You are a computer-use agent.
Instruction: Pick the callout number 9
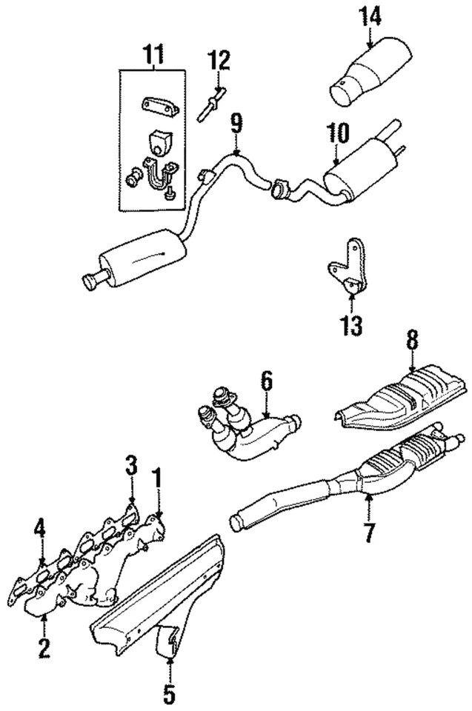pos(236,122)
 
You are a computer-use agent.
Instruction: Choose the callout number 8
pos(412,339)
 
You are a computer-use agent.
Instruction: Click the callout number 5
pos(170,694)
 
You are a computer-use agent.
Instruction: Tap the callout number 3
pos(131,467)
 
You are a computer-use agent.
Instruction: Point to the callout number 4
pos(40,529)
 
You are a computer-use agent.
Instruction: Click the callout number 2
pos(44,649)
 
